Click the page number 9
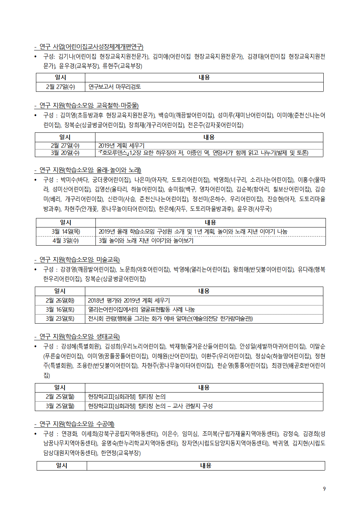tap(324, 489)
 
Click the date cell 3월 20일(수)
tap(65, 153)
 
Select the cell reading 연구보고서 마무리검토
tap(115, 87)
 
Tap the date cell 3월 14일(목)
tap(66, 231)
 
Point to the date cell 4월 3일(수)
tap(66, 241)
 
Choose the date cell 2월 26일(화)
tap(60, 300)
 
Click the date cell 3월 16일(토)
tap(60, 309)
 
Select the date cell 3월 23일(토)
tap(60, 319)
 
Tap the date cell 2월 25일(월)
tap(60, 397)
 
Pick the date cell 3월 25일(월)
tap(60, 406)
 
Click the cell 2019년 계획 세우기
tap(121, 145)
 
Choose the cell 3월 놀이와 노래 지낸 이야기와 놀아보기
tap(146, 241)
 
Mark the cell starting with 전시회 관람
tap(170, 319)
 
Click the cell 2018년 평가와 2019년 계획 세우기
tap(129, 300)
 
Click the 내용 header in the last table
tap(205, 465)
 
